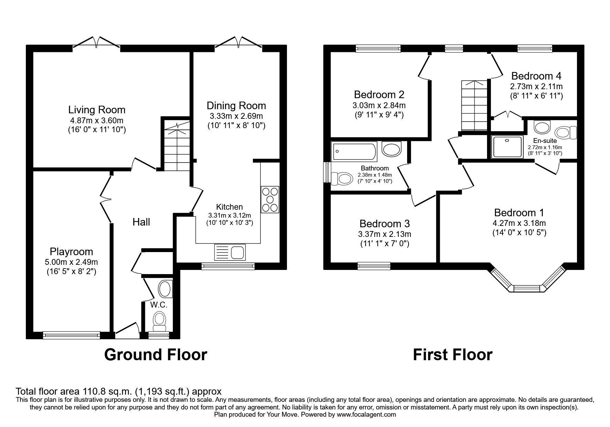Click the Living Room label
coord(97,110)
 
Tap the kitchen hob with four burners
coord(270,199)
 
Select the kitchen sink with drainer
coord(229,252)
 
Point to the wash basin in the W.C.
coord(165,289)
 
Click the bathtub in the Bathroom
coord(354,151)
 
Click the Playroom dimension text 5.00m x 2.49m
coord(71,262)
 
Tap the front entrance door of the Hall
coord(126,328)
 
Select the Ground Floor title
coord(156,354)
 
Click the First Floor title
coord(453,354)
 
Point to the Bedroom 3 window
coord(374,265)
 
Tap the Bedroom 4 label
coord(536,76)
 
